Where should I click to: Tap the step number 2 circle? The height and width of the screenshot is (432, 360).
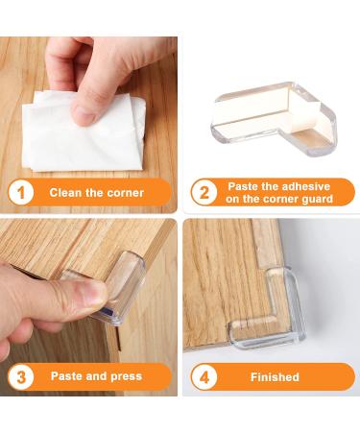tap(203, 192)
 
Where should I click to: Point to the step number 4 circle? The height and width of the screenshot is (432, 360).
tap(203, 377)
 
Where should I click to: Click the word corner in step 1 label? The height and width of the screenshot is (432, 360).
tap(124, 192)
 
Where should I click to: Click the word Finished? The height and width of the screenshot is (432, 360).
tap(275, 377)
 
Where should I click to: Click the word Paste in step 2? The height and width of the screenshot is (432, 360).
tap(245, 185)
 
